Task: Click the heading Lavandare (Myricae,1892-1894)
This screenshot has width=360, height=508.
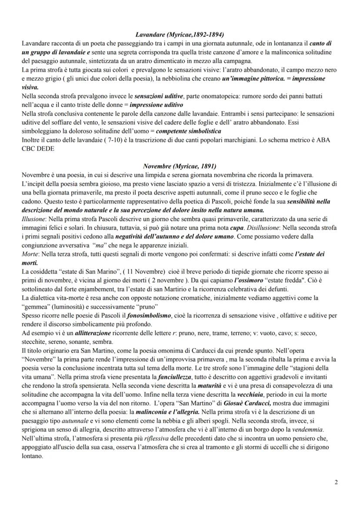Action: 180,34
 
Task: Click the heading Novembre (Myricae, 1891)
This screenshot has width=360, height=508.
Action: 180,166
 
